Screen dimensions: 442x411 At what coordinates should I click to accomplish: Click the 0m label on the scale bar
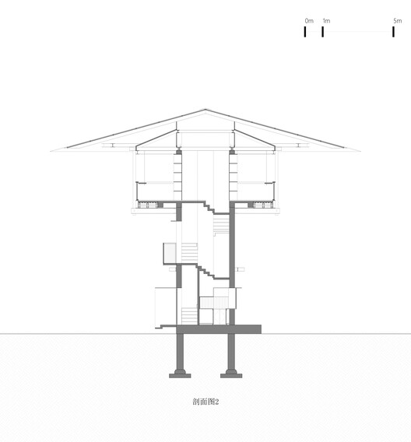click(308, 20)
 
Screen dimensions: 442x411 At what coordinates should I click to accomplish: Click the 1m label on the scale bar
click(325, 20)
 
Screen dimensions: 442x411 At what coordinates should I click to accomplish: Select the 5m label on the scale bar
click(398, 20)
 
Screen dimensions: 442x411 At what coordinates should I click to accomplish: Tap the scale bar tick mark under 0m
click(305, 32)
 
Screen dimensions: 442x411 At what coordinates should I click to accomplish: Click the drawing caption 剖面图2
click(205, 402)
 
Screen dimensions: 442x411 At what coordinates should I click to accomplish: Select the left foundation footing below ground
click(181, 373)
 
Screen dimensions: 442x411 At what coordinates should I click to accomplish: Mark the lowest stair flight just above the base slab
click(189, 315)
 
